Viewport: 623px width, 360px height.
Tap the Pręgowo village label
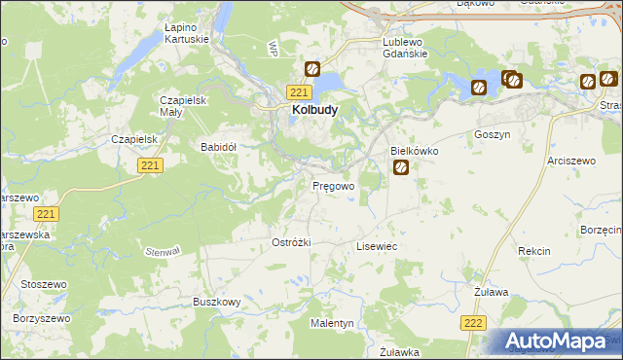[x=333, y=185]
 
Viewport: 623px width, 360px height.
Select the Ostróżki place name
[x=290, y=242]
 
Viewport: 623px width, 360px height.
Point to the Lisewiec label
[x=377, y=248]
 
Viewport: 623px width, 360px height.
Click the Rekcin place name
[x=534, y=251]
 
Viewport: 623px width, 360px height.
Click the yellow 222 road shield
[x=473, y=323]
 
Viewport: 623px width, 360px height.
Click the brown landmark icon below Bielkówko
[x=401, y=169]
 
